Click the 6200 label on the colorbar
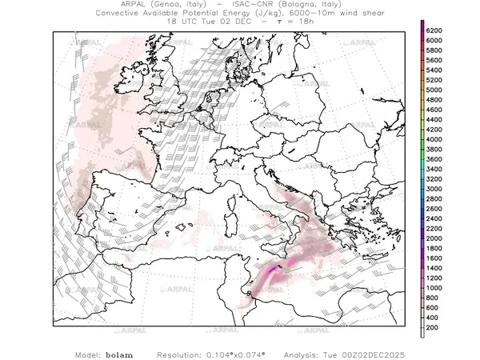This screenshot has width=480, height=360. pos(434,30)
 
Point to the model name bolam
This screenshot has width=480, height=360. pos(118,353)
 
